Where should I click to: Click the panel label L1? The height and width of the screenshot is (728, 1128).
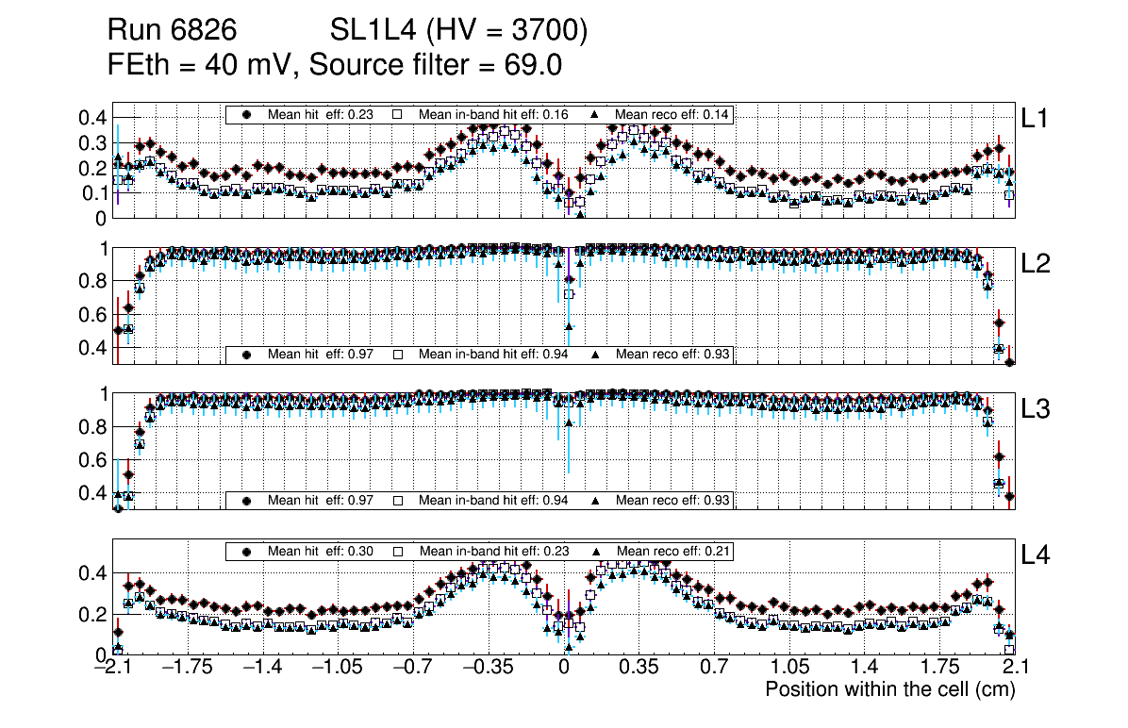[x=1035, y=118]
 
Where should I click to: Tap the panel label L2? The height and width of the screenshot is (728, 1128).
[x=1037, y=264]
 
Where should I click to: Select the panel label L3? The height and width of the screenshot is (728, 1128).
[x=1037, y=409]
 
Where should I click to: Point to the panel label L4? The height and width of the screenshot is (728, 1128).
[x=1037, y=555]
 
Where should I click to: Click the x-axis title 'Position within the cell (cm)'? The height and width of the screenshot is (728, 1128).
[x=889, y=689]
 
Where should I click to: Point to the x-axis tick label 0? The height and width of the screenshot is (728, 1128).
[x=564, y=669]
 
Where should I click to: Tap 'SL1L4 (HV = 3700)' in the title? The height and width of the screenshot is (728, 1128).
[x=459, y=31]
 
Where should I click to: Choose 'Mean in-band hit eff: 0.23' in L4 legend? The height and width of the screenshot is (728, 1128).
[x=493, y=551]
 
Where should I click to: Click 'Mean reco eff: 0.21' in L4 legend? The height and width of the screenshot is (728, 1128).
[x=673, y=551]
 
